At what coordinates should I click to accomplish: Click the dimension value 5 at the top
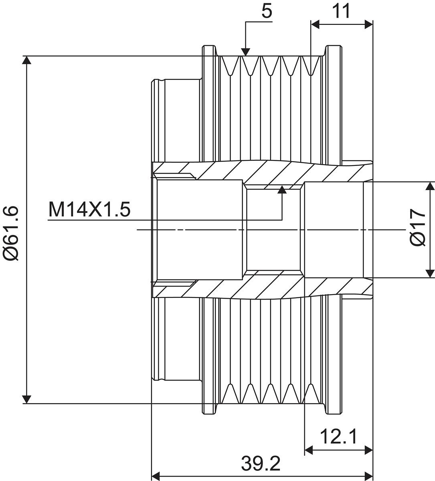pos(267,11)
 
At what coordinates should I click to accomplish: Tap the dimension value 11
pos(342,11)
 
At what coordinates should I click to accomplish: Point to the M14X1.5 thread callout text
pos(89,209)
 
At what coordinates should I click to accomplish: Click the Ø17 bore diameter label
pos(418,227)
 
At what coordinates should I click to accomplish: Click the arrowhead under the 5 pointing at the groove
pos(245,52)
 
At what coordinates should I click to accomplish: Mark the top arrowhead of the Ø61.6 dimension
pos(26,61)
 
